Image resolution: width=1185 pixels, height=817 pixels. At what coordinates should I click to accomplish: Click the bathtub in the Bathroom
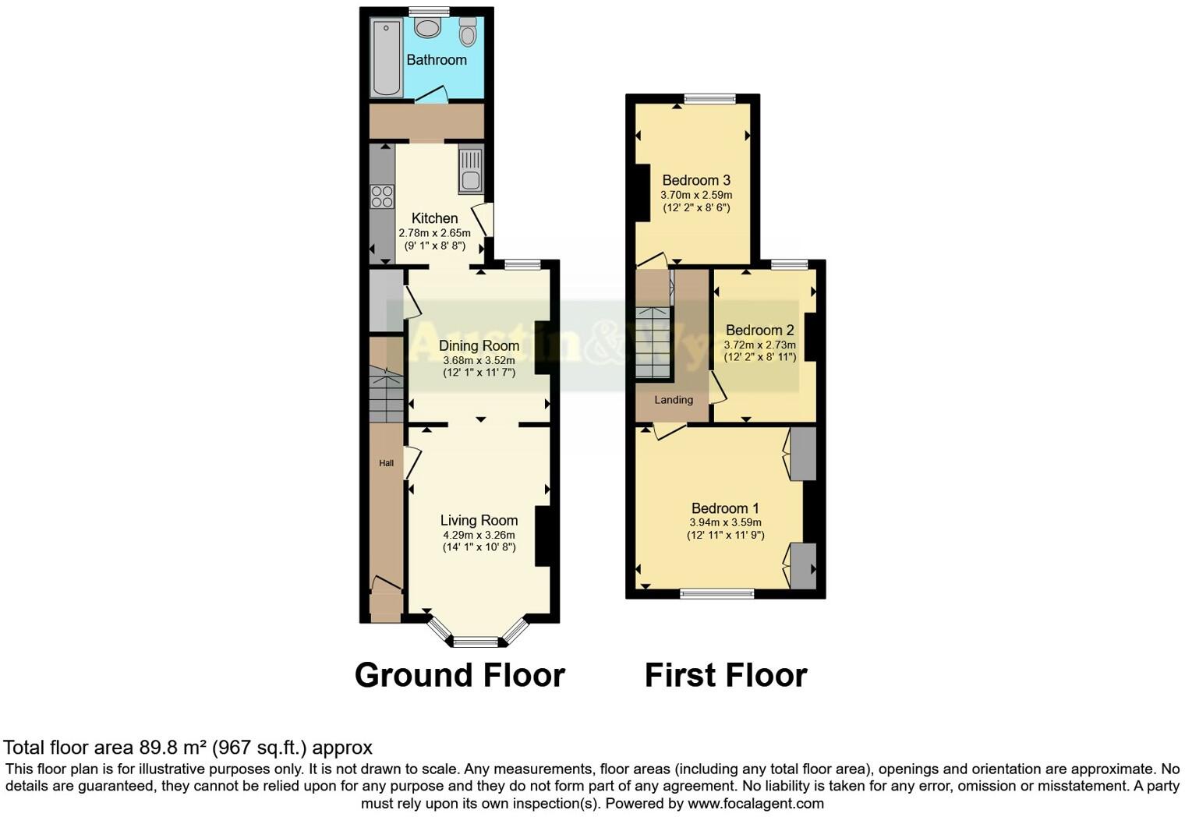click(x=386, y=58)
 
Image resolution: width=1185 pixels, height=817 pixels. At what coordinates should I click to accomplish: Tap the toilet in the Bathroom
click(x=468, y=33)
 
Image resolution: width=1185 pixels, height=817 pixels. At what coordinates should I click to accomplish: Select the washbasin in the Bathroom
click(x=427, y=28)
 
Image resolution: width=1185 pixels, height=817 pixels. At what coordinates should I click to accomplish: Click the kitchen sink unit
click(x=471, y=170)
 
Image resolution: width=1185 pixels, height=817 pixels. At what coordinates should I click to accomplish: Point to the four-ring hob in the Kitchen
click(x=382, y=196)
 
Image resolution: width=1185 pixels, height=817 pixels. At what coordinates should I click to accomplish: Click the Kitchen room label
click(x=434, y=218)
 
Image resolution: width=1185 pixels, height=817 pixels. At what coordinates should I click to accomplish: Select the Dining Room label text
click(x=479, y=345)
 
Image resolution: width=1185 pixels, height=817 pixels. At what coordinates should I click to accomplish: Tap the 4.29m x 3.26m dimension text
click(x=479, y=535)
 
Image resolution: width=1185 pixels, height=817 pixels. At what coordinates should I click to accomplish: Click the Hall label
click(x=386, y=463)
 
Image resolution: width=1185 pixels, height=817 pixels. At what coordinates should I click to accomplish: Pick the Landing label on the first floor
click(x=674, y=400)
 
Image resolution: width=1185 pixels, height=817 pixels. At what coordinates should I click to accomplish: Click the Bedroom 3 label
click(x=696, y=180)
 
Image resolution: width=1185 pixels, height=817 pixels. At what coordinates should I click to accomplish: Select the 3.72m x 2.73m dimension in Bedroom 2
click(x=760, y=345)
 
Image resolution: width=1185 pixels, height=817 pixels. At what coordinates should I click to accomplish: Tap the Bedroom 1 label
click(x=725, y=508)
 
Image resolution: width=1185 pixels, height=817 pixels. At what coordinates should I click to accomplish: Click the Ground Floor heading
click(x=459, y=675)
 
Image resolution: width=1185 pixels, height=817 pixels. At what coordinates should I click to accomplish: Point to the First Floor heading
click(x=725, y=675)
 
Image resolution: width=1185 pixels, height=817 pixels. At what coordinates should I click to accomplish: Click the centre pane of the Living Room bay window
click(x=476, y=642)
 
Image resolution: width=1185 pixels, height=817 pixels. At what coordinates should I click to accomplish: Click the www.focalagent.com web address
click(x=755, y=803)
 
